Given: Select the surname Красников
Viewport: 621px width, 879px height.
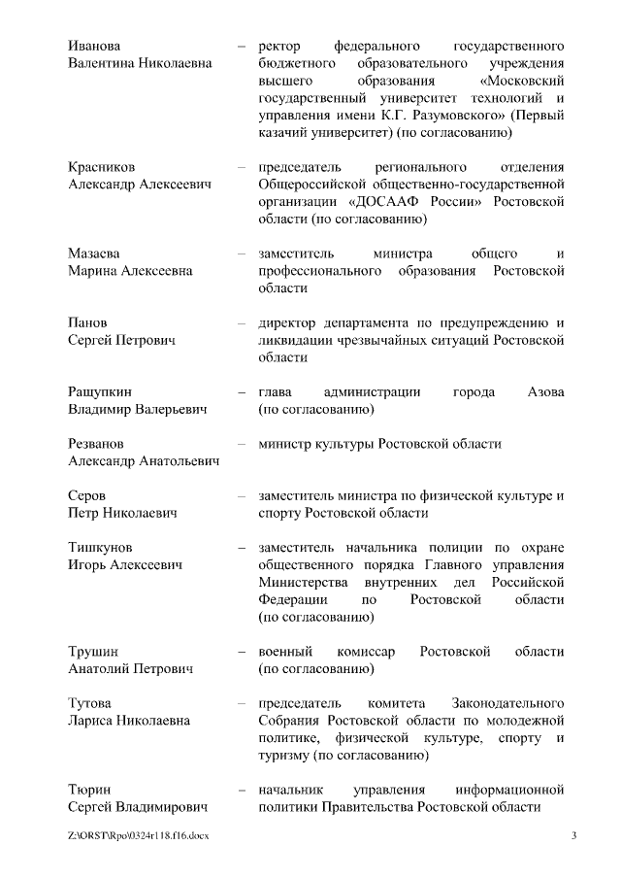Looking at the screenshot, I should (x=101, y=166).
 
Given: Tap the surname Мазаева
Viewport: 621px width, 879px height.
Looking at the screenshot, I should (x=95, y=254).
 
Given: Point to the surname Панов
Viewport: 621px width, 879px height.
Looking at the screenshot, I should (x=88, y=322).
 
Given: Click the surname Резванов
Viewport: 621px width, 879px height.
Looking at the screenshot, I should (x=96, y=444).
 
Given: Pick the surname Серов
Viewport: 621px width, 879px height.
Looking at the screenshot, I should (x=87, y=495).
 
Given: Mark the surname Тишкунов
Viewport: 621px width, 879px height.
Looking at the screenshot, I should (x=101, y=548).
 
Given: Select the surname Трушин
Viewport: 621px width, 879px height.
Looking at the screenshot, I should (x=93, y=652).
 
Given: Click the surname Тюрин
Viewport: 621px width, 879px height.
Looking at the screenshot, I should (x=90, y=791).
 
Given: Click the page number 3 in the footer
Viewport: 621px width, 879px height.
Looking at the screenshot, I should (x=573, y=835).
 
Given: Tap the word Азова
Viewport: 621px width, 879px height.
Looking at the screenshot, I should (x=545, y=392).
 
